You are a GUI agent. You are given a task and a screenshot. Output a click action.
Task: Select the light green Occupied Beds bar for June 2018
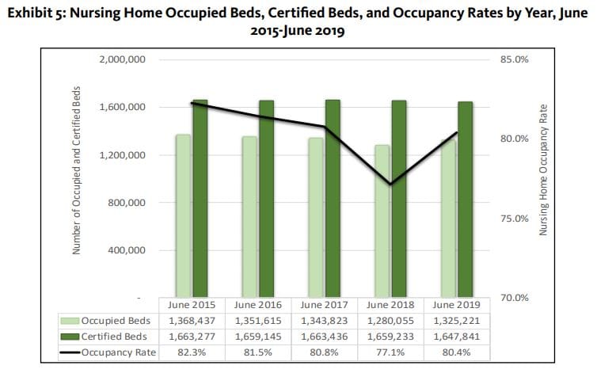click(382, 221)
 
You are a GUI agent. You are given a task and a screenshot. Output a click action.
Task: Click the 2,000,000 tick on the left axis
click(122, 60)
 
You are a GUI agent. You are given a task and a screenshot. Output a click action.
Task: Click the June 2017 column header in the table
click(324, 305)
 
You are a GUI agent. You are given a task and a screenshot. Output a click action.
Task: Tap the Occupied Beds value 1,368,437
click(191, 321)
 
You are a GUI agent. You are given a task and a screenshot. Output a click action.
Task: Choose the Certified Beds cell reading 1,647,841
click(457, 337)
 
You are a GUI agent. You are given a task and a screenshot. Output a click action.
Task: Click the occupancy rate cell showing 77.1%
click(390, 352)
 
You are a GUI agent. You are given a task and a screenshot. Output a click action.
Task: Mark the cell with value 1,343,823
click(324, 321)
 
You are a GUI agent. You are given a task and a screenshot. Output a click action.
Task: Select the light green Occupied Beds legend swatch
click(70, 321)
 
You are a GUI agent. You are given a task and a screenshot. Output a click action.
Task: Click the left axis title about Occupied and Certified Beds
click(78, 171)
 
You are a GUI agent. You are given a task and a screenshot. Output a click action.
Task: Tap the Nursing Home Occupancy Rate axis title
click(544, 171)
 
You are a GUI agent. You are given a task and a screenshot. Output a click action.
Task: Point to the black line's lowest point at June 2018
click(390, 184)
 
